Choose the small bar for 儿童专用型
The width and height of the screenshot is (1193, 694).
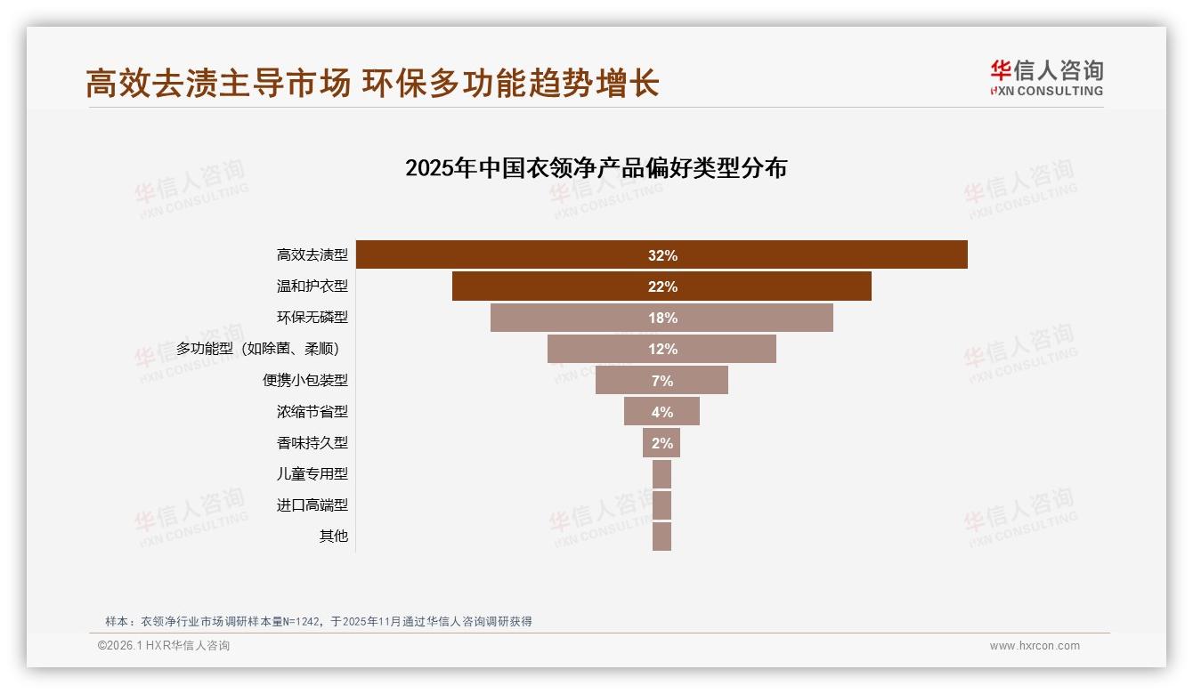(661, 474)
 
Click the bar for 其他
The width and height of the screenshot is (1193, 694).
(661, 537)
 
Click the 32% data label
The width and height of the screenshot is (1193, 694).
(662, 255)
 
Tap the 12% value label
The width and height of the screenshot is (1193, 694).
(662, 349)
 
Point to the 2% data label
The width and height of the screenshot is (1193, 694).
(662, 443)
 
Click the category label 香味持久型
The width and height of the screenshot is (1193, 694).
(312, 443)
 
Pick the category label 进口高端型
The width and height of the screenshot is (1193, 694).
(312, 505)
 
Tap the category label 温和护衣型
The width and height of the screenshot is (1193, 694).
(312, 286)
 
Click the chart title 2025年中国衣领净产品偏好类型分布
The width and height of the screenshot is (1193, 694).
(596, 167)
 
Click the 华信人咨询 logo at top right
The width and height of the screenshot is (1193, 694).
(1046, 77)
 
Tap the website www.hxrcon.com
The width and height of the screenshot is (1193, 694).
(1035, 646)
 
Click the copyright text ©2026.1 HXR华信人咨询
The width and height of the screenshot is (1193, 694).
(164, 646)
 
